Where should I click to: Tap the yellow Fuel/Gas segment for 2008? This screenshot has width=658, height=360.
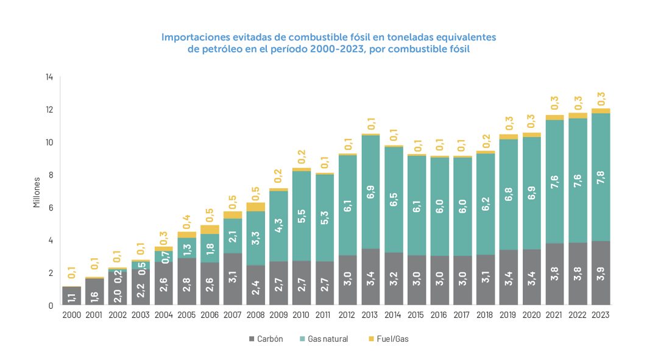255,206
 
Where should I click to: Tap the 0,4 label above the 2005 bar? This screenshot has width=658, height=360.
186,221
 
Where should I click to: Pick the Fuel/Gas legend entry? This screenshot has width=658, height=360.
390,339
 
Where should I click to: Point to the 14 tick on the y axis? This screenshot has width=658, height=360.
49,77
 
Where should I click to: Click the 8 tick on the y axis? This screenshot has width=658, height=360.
51,175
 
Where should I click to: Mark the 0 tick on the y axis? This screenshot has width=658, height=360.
51,306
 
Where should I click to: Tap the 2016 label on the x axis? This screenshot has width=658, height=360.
439,315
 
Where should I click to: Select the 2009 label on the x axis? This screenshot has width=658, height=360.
278,315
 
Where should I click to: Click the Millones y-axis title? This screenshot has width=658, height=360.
37,192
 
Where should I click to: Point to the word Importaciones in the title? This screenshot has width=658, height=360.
196,37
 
